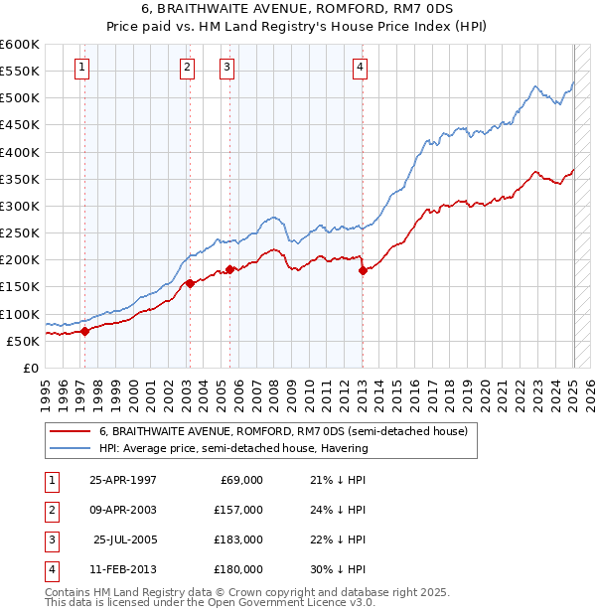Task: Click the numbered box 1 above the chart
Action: point(80,68)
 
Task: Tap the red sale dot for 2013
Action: point(363,270)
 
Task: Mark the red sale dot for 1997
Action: point(84,331)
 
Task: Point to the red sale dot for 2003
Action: point(190,283)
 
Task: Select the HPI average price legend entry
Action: point(233,448)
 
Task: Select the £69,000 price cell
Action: point(239,479)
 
